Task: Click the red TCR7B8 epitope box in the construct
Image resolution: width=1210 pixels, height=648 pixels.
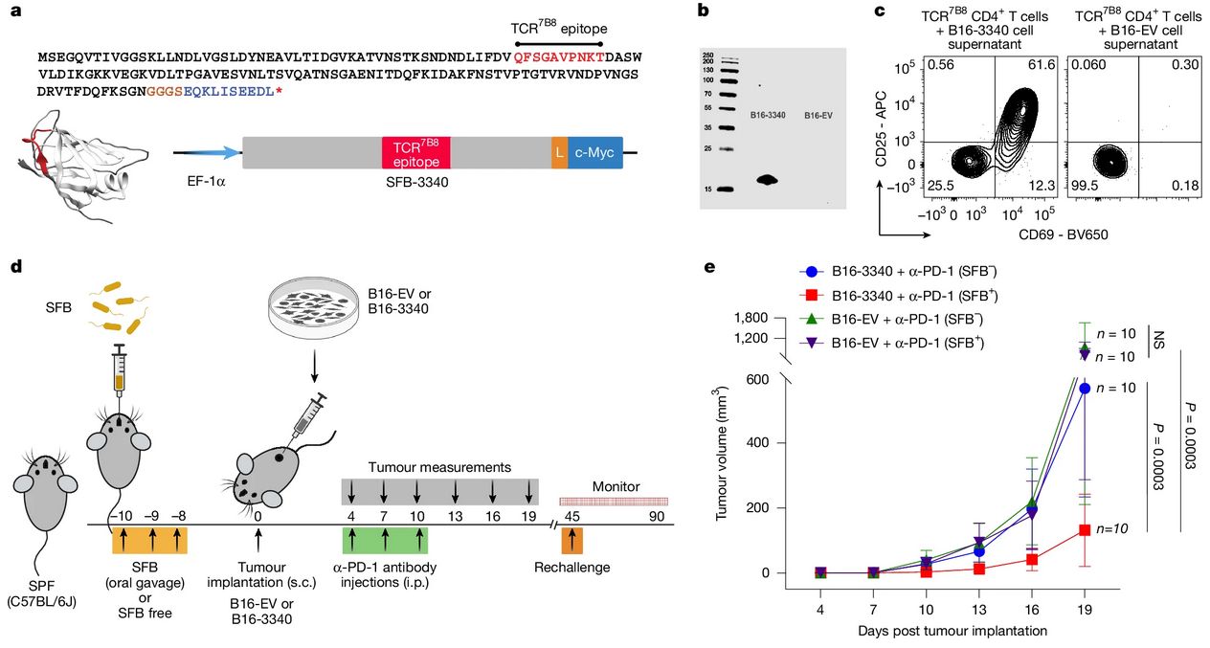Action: (415, 153)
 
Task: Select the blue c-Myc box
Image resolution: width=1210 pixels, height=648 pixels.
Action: (595, 153)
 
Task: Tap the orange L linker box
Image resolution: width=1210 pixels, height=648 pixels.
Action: (559, 153)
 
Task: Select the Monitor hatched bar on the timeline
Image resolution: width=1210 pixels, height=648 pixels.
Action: (614, 502)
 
